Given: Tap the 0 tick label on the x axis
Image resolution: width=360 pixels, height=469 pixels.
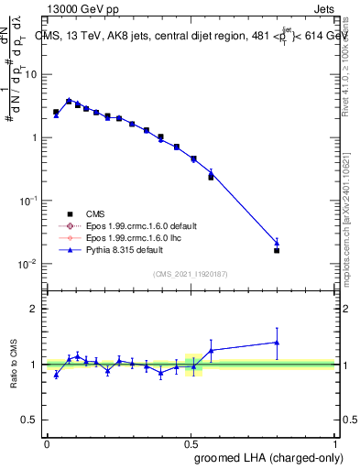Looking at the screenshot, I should (x=46, y=444).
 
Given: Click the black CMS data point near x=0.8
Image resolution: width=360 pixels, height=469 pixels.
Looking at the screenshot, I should (x=277, y=250).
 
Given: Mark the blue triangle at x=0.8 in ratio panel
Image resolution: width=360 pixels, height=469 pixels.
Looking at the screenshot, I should (x=277, y=343).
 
